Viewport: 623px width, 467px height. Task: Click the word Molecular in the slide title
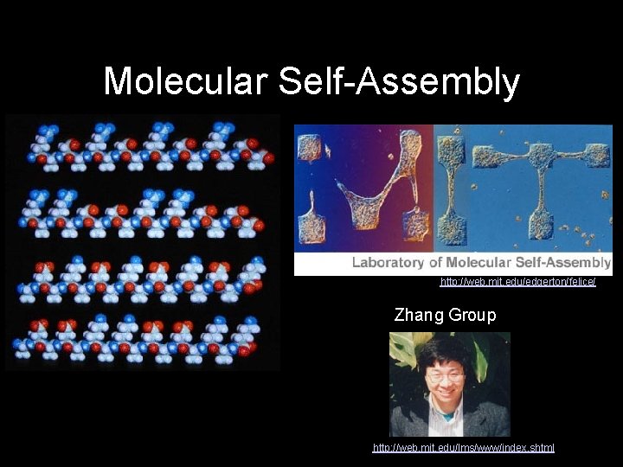click(185, 82)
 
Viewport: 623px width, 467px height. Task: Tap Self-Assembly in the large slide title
click(399, 82)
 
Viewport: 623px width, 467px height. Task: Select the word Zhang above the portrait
click(419, 315)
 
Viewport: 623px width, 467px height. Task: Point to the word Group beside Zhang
click(472, 315)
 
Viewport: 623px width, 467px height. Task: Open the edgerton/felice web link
click(517, 282)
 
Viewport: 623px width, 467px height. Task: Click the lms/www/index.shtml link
click(463, 448)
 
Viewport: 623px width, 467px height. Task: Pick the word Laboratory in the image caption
click(389, 262)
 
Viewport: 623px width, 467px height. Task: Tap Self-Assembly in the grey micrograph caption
click(563, 262)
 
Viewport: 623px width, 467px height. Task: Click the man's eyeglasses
click(446, 377)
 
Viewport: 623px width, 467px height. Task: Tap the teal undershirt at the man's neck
click(447, 413)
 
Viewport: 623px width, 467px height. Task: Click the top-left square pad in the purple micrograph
click(311, 147)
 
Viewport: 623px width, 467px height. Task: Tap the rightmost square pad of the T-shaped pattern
click(596, 155)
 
